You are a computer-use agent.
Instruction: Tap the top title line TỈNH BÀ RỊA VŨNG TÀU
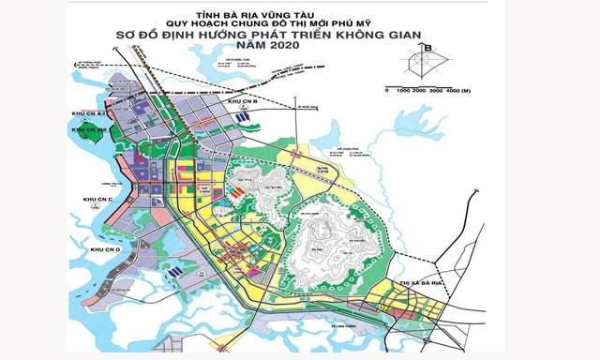click(x=298, y=14)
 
